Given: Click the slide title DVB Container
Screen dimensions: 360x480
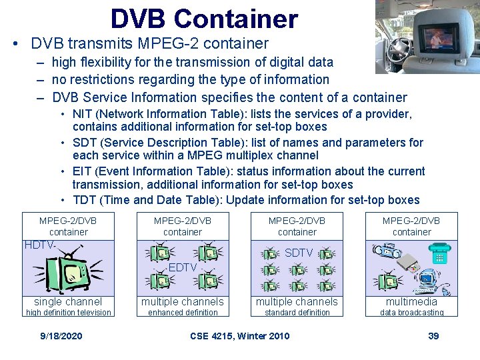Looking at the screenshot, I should point(204,19).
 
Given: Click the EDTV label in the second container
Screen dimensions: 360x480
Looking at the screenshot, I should point(182,267).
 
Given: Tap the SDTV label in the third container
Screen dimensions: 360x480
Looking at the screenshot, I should point(298,253).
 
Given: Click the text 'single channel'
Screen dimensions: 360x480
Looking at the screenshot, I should point(68,302).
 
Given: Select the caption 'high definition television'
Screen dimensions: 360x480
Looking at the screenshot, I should point(68,313).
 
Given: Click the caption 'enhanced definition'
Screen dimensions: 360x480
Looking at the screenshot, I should point(183,313).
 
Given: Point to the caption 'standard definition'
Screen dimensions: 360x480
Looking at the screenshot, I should point(297,313).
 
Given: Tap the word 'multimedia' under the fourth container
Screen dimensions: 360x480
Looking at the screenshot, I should point(411,302).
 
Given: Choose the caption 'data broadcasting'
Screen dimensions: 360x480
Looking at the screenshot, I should point(411,313).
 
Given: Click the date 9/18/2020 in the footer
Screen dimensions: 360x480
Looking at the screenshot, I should point(61,335).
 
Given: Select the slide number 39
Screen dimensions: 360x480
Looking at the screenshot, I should point(433,335).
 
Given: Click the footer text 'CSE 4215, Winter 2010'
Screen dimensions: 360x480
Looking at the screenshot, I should point(240,335).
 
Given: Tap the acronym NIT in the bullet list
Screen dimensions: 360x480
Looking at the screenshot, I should point(82,114).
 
